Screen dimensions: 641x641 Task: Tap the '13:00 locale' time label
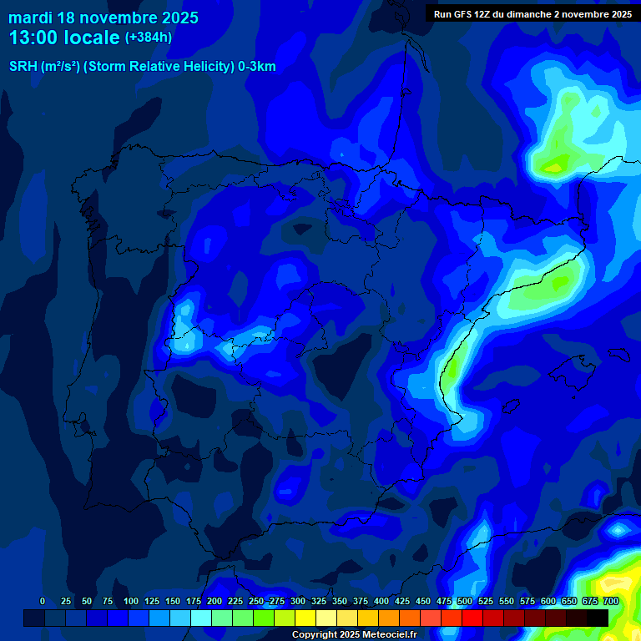coord(64,38)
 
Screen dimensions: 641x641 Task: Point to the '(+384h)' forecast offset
coord(149,38)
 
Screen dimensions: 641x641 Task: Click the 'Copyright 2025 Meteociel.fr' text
coord(354,634)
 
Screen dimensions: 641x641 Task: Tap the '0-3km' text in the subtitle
coord(257,67)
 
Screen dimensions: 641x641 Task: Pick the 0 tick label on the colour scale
coord(43,601)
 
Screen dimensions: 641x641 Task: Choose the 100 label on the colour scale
coord(131,601)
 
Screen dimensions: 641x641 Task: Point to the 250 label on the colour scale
coord(256,601)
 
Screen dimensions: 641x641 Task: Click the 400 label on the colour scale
coord(381,601)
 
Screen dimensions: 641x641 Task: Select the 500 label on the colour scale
coord(465,601)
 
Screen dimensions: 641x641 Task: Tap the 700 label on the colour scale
coord(611,601)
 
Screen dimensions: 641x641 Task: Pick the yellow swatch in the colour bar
coord(305,618)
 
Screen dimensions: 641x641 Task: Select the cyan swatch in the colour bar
coord(201,618)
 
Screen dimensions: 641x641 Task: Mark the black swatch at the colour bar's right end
coord(598,618)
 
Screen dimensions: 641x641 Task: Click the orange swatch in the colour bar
coord(389,618)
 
